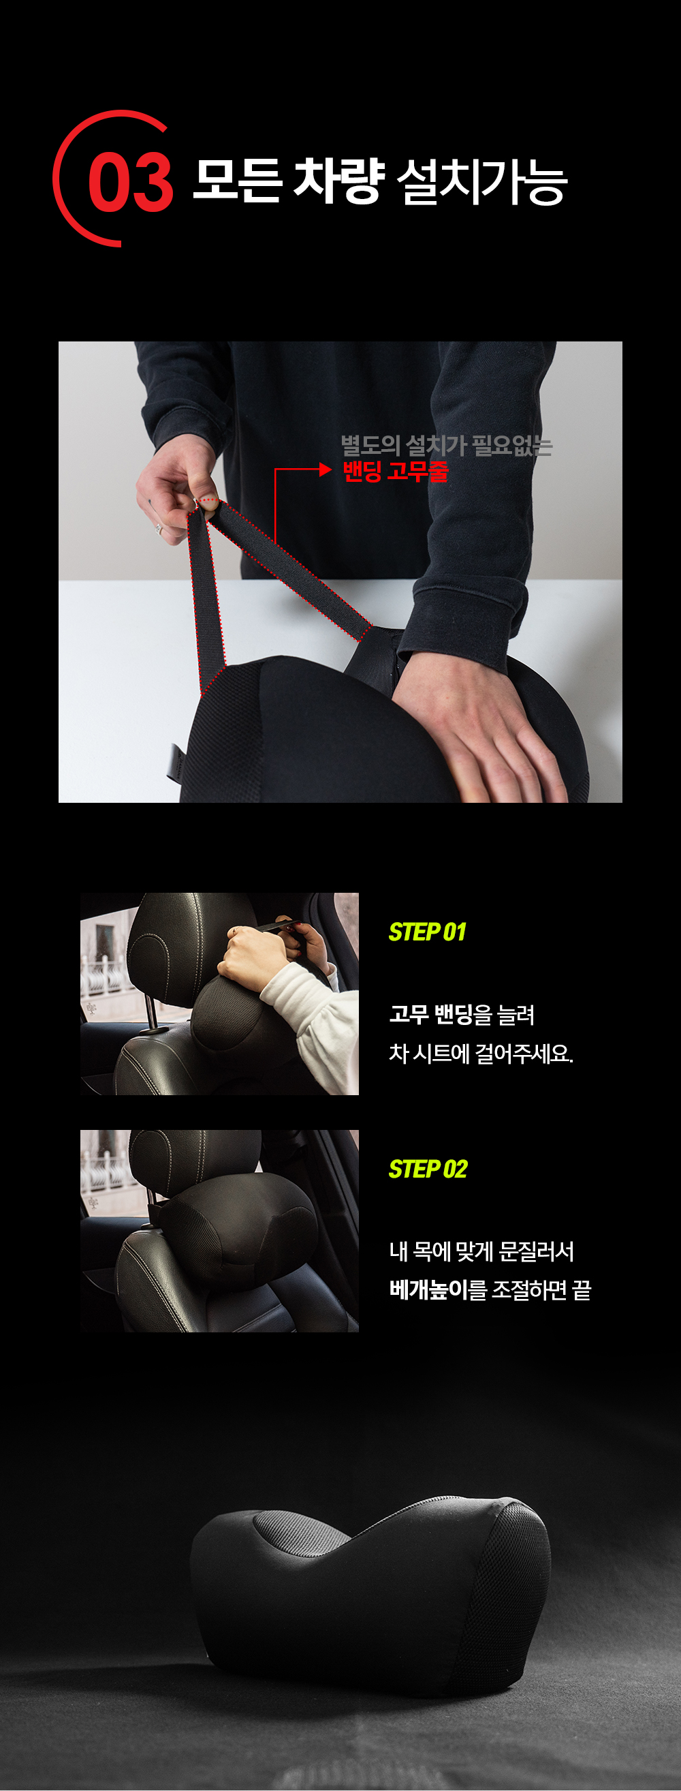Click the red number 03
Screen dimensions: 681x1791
[131, 182]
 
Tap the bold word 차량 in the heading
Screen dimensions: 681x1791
[338, 181]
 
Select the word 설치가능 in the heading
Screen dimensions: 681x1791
[481, 182]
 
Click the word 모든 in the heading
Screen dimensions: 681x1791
[237, 181]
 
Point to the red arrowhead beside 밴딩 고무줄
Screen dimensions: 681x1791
[326, 470]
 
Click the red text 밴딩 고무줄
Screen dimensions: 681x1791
[396, 472]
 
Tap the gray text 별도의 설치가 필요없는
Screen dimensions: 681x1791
[446, 446]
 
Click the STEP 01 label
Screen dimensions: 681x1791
[428, 932]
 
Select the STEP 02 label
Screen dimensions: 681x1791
[428, 1169]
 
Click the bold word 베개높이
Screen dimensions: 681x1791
[428, 1289]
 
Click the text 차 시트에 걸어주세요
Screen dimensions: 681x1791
[481, 1054]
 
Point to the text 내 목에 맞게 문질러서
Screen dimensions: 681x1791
[481, 1251]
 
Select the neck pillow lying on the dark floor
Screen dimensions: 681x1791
[370, 1592]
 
